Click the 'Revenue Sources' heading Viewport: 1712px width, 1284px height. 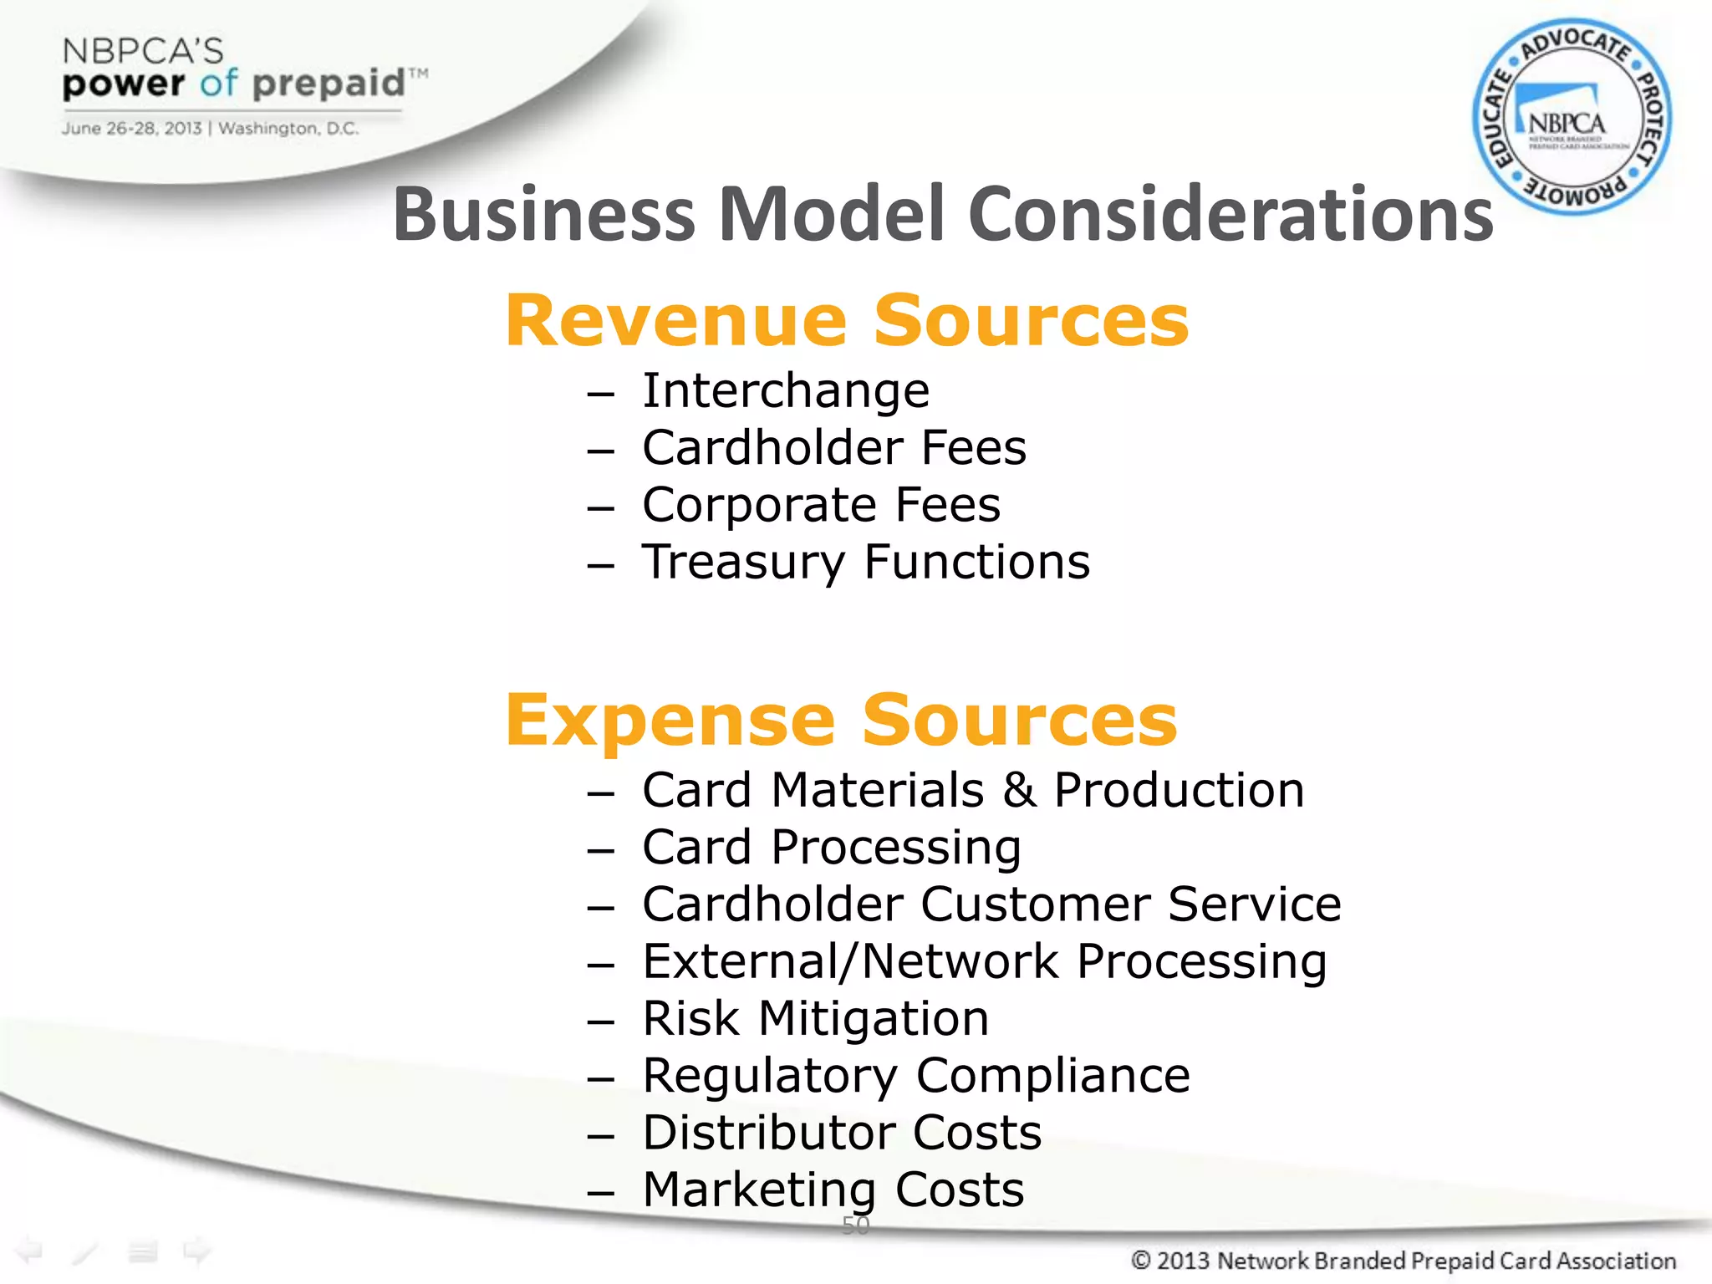[847, 321]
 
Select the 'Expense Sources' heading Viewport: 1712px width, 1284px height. [841, 721]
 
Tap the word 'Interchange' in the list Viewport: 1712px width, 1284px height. [786, 390]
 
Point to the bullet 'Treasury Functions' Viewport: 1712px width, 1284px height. [866, 562]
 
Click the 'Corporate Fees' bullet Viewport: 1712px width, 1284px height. [821, 505]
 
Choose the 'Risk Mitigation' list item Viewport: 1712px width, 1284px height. [816, 1018]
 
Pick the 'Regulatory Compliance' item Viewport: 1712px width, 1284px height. [916, 1075]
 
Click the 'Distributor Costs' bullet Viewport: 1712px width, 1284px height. [842, 1133]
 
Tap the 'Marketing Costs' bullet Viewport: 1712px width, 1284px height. [833, 1190]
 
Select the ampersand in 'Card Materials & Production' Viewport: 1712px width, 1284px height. [1019, 791]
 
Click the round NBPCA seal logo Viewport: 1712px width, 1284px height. [1572, 117]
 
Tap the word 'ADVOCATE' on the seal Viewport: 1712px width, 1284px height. [1575, 45]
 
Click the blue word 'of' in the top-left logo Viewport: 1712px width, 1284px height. [219, 84]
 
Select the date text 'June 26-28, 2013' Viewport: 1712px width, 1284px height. [131, 129]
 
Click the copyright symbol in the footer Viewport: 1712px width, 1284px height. [1141, 1260]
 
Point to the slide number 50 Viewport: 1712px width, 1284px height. [856, 1225]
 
